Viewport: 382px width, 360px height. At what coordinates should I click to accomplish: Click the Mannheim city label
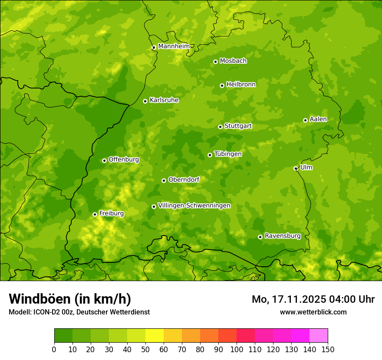(x=174, y=46)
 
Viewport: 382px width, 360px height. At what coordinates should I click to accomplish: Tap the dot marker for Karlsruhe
(x=145, y=101)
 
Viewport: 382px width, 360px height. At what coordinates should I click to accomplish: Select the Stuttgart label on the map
(x=238, y=126)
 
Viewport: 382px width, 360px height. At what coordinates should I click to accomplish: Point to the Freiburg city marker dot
(x=95, y=214)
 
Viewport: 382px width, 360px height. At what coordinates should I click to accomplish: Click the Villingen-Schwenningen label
(x=194, y=206)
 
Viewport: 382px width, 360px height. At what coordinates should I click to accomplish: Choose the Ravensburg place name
(x=282, y=236)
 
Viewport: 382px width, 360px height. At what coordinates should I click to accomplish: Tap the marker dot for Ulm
(x=296, y=168)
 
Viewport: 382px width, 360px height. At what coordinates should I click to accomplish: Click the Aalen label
(x=318, y=119)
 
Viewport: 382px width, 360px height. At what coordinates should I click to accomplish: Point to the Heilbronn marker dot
(x=222, y=85)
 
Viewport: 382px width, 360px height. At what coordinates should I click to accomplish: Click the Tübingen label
(x=227, y=154)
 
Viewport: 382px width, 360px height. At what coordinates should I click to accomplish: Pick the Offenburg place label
(x=123, y=160)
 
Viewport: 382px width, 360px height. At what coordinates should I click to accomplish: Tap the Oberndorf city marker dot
(x=164, y=180)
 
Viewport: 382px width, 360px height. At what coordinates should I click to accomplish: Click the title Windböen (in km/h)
(x=69, y=299)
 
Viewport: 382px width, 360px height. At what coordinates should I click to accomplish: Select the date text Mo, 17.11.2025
(x=292, y=299)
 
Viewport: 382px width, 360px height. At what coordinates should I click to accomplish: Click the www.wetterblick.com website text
(x=313, y=312)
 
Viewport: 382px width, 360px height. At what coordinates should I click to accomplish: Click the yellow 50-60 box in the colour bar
(x=155, y=336)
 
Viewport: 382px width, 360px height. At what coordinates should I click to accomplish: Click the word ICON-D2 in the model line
(x=45, y=312)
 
